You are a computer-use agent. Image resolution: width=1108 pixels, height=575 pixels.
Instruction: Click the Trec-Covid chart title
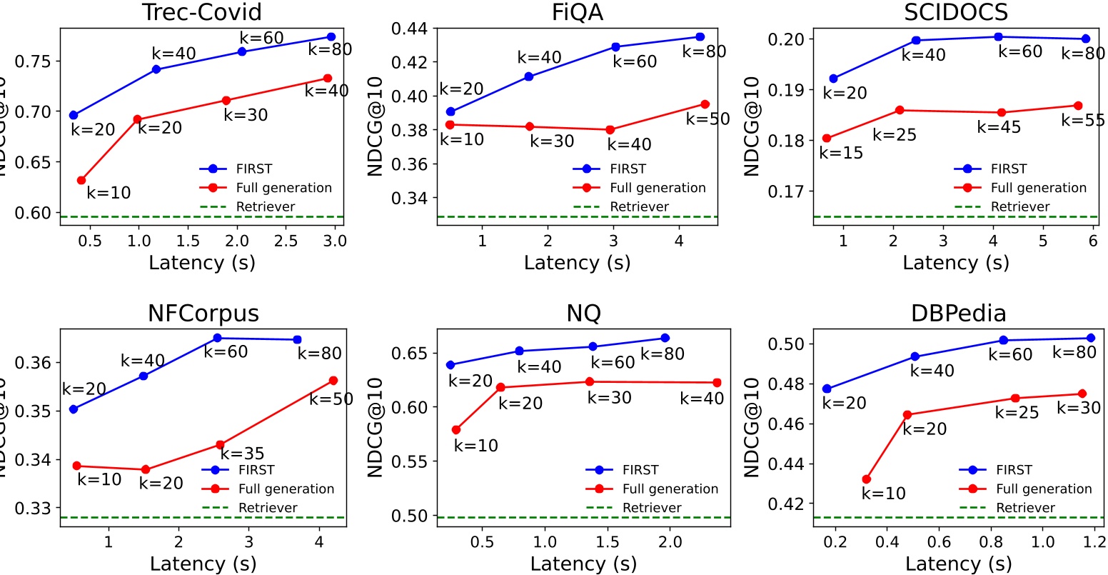click(202, 12)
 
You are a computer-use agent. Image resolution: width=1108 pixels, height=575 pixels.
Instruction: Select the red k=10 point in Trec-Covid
click(81, 180)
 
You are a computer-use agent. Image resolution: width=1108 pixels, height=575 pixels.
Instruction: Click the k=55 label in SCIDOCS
click(1082, 120)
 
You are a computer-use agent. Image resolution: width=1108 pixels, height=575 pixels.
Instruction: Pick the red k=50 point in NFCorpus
click(333, 381)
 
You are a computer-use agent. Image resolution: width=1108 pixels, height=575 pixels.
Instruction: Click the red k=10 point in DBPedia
click(867, 479)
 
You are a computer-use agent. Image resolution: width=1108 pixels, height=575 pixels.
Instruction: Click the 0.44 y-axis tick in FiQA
click(411, 29)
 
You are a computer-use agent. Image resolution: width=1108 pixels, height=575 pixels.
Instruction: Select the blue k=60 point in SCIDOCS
click(998, 36)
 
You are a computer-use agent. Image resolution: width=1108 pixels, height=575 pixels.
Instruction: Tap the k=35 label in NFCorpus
click(242, 454)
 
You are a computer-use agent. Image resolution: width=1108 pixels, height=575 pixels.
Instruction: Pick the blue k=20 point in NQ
click(450, 365)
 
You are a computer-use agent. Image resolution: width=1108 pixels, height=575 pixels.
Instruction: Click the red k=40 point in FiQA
click(610, 130)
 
